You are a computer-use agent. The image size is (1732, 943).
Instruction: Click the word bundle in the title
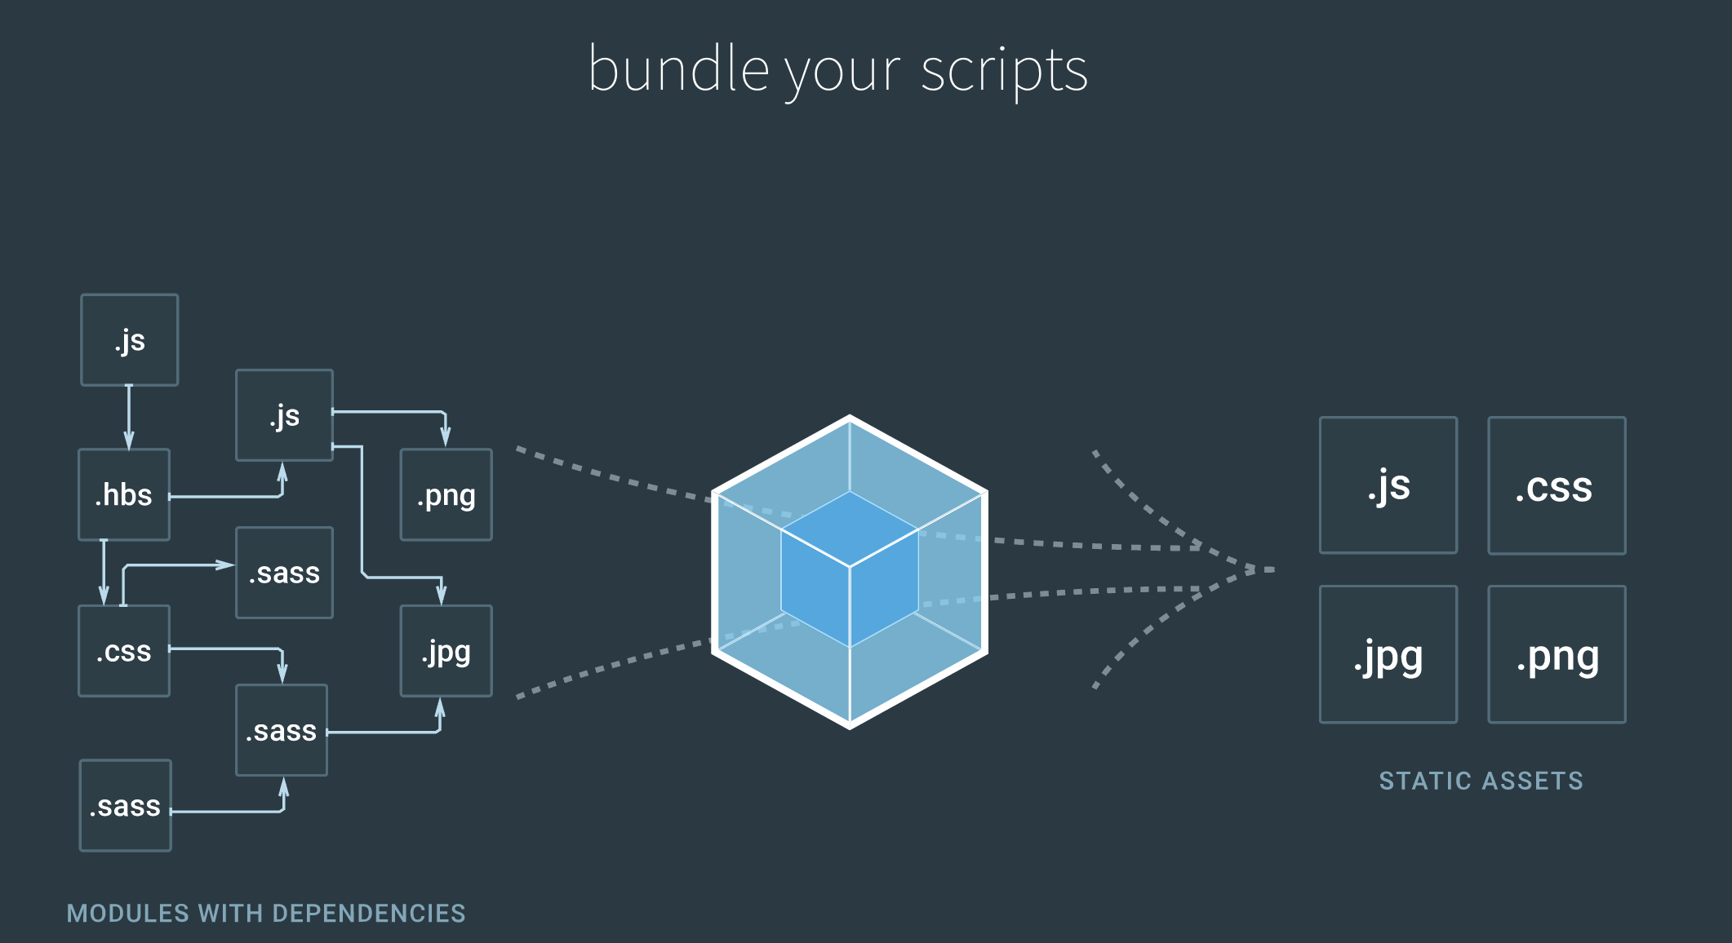[x=677, y=69]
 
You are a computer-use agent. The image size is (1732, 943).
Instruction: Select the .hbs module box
[x=124, y=494]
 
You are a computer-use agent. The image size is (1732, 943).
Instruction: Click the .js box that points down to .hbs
[x=130, y=339]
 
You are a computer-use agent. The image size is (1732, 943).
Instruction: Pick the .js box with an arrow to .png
[x=284, y=415]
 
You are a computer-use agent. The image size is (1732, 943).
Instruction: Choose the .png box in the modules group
[x=446, y=494]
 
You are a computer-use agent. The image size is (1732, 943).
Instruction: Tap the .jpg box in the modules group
[x=446, y=651]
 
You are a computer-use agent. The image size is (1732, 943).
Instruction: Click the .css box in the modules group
[x=124, y=651]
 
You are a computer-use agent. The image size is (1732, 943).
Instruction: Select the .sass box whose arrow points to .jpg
[x=282, y=730]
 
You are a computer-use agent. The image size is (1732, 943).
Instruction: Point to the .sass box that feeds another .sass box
[x=126, y=806]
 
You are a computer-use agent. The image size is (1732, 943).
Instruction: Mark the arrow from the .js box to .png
[x=392, y=412]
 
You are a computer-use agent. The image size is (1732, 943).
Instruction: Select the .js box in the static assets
[x=1388, y=485]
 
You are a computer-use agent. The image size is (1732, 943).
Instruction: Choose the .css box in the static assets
[x=1557, y=485]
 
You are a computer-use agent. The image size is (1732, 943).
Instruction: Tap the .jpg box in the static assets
[x=1388, y=654]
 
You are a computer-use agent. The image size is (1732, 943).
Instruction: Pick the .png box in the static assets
[x=1557, y=654]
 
